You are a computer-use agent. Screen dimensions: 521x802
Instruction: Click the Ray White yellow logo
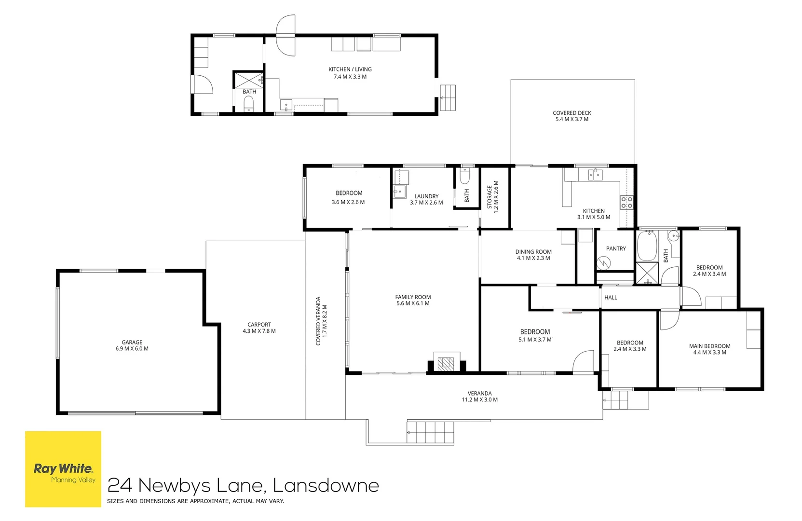pos(63,469)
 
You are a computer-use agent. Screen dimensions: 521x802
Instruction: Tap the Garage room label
pos(132,343)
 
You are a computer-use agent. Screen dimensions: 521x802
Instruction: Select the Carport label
pos(259,325)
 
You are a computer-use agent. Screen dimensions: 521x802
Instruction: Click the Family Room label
pos(413,297)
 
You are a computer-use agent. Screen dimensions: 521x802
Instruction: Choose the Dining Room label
pos(533,252)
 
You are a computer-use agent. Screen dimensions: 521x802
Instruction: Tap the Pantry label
pos(616,248)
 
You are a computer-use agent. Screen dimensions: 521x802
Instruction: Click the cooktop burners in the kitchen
pos(626,202)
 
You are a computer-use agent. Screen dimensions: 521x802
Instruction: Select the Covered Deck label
pos(572,113)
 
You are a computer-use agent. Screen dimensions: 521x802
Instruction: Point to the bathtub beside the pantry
pos(647,246)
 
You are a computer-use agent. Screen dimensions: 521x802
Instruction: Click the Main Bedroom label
pos(709,346)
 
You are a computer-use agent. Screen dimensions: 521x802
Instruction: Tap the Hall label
pos(611,298)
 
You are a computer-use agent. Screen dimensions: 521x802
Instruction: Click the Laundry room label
pos(426,196)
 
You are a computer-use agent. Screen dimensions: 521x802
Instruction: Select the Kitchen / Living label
pos(350,69)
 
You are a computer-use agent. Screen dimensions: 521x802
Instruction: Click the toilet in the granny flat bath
pos(249,104)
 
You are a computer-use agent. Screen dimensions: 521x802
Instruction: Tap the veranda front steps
pos(431,432)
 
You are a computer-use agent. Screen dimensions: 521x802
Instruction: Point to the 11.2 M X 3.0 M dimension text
pos(479,400)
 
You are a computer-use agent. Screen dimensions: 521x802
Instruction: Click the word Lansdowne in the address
pos(326,485)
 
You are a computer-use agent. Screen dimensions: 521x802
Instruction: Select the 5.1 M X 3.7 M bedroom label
pos(535,340)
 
